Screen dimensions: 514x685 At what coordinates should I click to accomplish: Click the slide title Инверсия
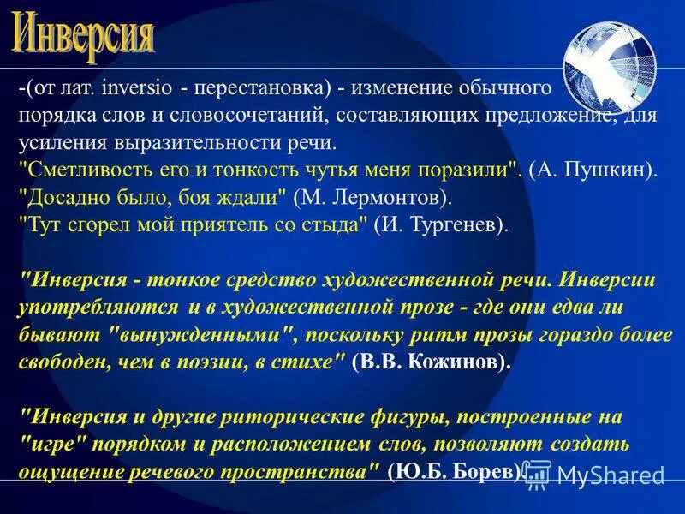84,34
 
